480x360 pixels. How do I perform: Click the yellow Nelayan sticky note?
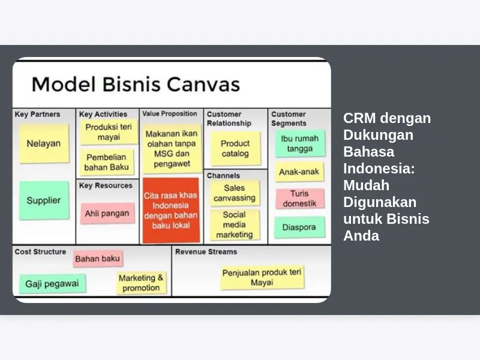[x=44, y=143]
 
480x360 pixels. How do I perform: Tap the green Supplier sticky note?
[x=44, y=200]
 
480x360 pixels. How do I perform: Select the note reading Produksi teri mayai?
[x=109, y=132]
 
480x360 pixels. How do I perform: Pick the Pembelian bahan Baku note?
[x=107, y=162]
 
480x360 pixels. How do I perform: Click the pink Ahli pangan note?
[x=107, y=213]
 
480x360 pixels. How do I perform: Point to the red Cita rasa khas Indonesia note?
[x=171, y=211]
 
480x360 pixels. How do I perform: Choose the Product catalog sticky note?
[x=235, y=148]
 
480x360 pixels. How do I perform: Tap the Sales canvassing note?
[x=235, y=193]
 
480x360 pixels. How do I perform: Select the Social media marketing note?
[x=235, y=224]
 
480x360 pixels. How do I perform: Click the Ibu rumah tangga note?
[x=300, y=143]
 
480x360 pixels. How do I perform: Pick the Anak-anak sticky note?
[x=299, y=172]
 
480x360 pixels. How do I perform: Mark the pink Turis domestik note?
[x=299, y=199]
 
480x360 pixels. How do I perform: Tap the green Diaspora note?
[x=299, y=227]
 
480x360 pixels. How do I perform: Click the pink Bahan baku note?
[x=98, y=259]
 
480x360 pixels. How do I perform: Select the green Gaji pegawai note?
[x=52, y=284]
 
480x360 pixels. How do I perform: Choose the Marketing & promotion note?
[x=141, y=283]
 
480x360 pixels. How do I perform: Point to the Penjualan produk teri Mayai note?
[x=262, y=277]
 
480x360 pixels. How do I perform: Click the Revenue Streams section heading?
[x=206, y=251]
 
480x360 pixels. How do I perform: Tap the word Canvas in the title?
[x=203, y=84]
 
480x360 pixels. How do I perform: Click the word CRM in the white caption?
[x=359, y=118]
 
